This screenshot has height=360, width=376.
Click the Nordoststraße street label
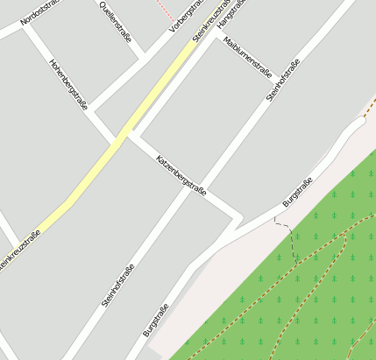tap(40, 12)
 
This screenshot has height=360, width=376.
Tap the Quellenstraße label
tap(117, 16)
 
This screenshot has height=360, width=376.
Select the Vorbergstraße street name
tap(187, 16)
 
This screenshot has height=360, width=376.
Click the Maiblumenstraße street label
tap(247, 58)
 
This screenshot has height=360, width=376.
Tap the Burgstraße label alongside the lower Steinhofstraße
tap(155, 319)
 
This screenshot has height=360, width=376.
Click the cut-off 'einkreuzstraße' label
tap(19, 251)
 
